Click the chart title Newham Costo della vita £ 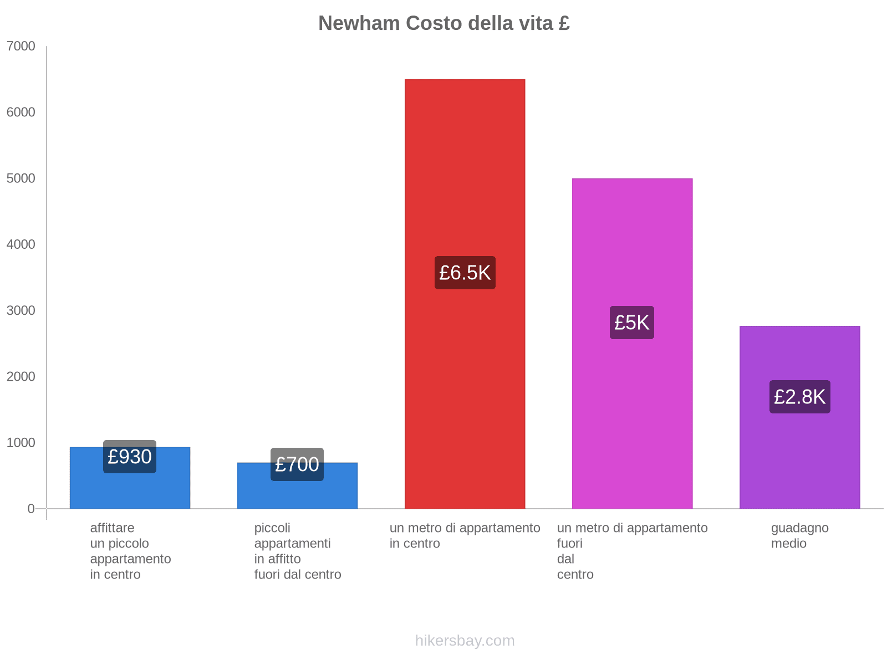click(x=443, y=23)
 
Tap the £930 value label click(x=130, y=457)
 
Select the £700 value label click(x=297, y=464)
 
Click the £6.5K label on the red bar click(x=465, y=273)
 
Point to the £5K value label click(x=631, y=323)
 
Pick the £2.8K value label click(x=799, y=397)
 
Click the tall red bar click(x=465, y=166)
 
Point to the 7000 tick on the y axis click(x=21, y=47)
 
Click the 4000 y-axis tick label click(x=21, y=244)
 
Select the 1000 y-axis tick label click(x=21, y=443)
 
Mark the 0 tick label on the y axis click(x=31, y=509)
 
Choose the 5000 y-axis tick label click(x=21, y=178)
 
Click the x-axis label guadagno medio click(x=799, y=535)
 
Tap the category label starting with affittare click(x=130, y=551)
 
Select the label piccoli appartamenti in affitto click(x=297, y=551)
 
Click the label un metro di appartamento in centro click(x=465, y=535)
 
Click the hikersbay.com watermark click(x=465, y=641)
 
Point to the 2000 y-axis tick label click(x=21, y=377)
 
